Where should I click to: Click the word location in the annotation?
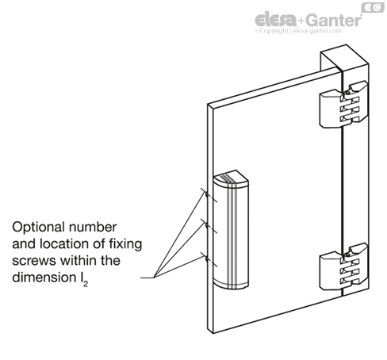point(69,243)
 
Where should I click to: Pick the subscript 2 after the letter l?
point(86,285)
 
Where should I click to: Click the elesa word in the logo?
point(276,20)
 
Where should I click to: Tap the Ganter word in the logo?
point(334,20)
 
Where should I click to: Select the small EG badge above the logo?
point(373,7)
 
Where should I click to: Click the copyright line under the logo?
point(298,31)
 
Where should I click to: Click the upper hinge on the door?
point(343,105)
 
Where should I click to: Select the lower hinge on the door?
point(343,266)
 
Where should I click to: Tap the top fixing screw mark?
point(207,195)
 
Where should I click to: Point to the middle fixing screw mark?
point(207,226)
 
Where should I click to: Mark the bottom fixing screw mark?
point(207,259)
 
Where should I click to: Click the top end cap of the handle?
point(231,179)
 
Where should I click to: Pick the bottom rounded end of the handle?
point(231,284)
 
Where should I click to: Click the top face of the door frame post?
point(344,58)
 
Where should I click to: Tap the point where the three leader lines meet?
point(154,278)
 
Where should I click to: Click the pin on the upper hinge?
point(347,93)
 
